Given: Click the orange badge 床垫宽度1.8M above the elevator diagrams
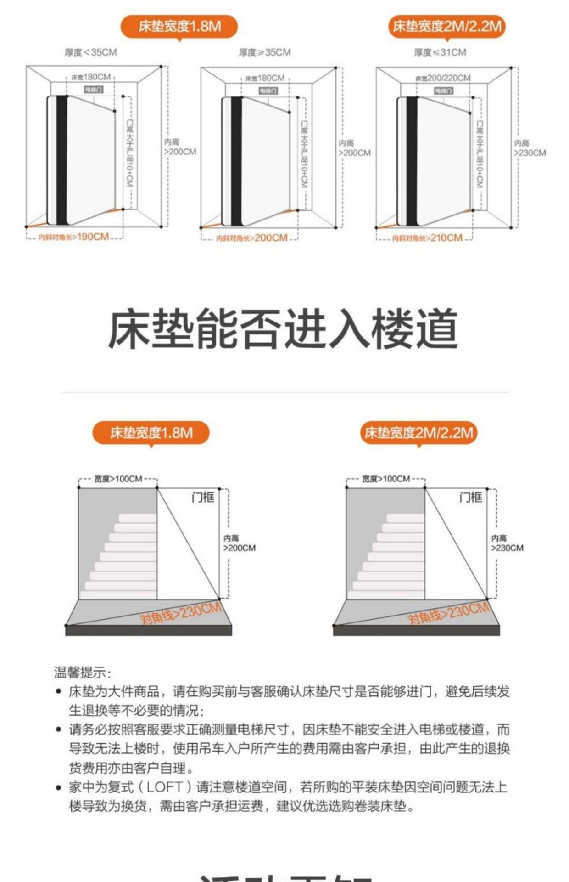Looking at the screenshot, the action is pyautogui.click(x=179, y=27).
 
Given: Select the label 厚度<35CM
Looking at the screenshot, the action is pyautogui.click(x=91, y=52).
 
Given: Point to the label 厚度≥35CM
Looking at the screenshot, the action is pyautogui.click(x=265, y=52).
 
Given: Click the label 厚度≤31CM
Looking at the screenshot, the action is pyautogui.click(x=440, y=52).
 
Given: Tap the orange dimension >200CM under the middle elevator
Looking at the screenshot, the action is pyautogui.click(x=271, y=238).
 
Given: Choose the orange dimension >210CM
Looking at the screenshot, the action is pyautogui.click(x=446, y=238).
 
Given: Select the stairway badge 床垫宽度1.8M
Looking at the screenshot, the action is pyautogui.click(x=151, y=433).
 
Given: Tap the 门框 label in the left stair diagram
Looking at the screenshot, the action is pyautogui.click(x=203, y=498).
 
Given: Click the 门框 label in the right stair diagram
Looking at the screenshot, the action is pyautogui.click(x=471, y=498).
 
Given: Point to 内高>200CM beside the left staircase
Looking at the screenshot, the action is pyautogui.click(x=239, y=543).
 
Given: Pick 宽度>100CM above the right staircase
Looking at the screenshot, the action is pyautogui.click(x=386, y=479).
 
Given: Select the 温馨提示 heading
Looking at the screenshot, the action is pyautogui.click(x=83, y=673).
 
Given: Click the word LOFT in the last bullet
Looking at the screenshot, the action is pyautogui.click(x=165, y=787).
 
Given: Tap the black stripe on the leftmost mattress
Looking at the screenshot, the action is pyautogui.click(x=61, y=160).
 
